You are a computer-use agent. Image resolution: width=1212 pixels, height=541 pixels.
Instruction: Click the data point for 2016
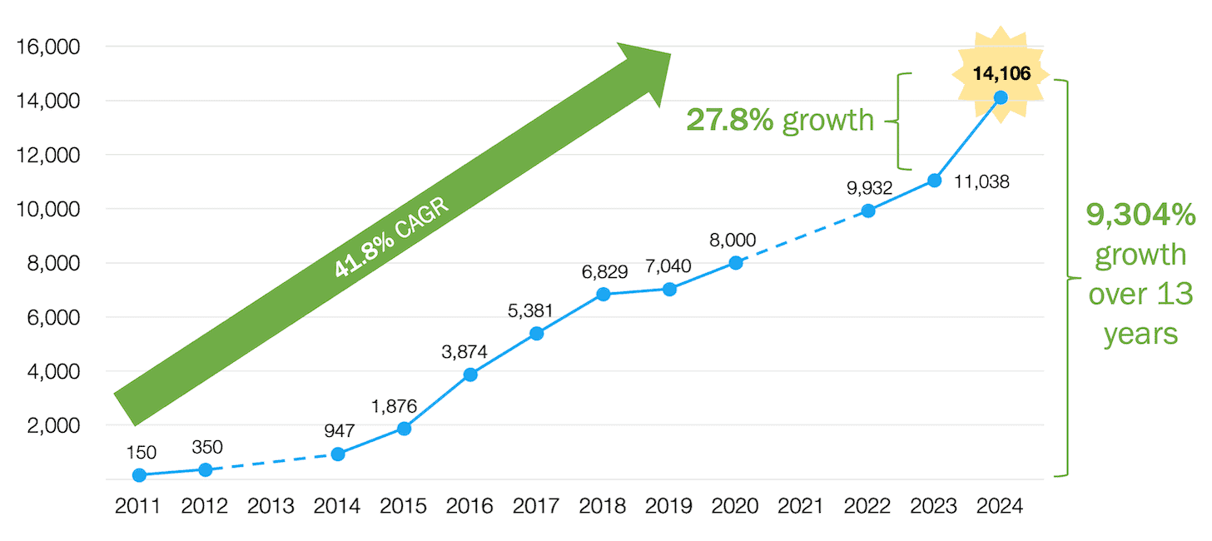(x=470, y=375)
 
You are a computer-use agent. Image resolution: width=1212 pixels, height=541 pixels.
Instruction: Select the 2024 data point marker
(x=1001, y=97)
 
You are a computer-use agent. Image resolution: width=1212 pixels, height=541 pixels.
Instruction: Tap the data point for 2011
(x=139, y=475)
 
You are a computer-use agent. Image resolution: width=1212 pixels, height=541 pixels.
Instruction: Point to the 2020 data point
(x=736, y=263)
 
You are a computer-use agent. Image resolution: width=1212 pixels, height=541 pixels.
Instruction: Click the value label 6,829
(x=604, y=272)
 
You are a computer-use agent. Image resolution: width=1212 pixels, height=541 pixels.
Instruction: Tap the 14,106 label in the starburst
(x=1001, y=74)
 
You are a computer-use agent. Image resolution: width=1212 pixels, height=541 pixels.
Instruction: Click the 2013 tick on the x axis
(x=271, y=506)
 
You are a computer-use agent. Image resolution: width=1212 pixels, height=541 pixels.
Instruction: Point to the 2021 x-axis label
(x=802, y=506)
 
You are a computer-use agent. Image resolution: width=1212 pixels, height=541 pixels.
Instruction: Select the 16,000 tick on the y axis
(x=47, y=47)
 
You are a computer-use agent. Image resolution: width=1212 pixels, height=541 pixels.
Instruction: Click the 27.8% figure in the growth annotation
(x=729, y=121)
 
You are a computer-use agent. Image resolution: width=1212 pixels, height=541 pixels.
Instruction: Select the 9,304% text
(x=1140, y=216)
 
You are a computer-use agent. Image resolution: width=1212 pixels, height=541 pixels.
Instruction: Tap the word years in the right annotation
(x=1140, y=334)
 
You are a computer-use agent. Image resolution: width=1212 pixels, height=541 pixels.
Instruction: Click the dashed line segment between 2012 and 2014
(x=271, y=463)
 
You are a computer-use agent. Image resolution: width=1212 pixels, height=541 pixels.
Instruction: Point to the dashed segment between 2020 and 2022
(x=802, y=237)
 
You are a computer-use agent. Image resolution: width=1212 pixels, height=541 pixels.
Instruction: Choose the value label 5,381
(x=537, y=311)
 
